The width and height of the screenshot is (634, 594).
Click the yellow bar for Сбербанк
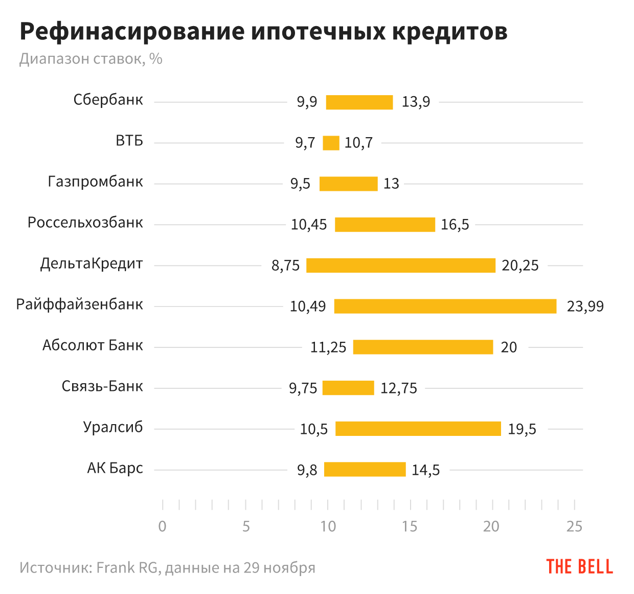[x=359, y=102]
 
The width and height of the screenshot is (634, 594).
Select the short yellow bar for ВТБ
[x=331, y=143]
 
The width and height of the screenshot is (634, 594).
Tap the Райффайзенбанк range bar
[x=445, y=306]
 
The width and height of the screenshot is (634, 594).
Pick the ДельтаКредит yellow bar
[x=401, y=266]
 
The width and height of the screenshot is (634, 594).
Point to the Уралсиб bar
[x=418, y=429]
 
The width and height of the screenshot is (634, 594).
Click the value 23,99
[x=585, y=306]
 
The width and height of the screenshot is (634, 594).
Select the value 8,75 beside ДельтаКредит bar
[x=285, y=266]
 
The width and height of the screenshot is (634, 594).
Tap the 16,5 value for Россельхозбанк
[x=455, y=225]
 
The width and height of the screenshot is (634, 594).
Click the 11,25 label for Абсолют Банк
[x=328, y=347]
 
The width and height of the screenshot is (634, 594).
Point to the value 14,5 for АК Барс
[x=425, y=470]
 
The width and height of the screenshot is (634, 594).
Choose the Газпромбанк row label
[x=95, y=182]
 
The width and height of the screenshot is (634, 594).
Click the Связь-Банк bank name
[x=102, y=386]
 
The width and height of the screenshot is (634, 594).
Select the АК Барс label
[x=115, y=468]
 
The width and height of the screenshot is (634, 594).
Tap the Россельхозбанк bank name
[x=85, y=223]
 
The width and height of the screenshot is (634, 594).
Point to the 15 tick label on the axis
[x=410, y=526]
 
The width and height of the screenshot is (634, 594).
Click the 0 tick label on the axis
[x=162, y=526]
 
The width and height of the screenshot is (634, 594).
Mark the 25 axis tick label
[x=574, y=526]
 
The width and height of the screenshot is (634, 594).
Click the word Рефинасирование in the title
[x=132, y=32]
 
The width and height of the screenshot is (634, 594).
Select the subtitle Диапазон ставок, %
[x=90, y=59]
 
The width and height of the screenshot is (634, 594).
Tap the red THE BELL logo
[x=579, y=566]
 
